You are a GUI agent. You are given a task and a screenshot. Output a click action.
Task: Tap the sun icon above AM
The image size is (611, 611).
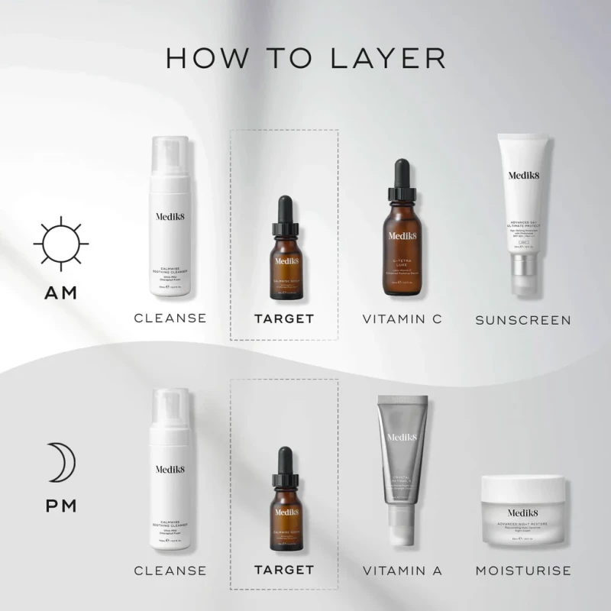click(61, 244)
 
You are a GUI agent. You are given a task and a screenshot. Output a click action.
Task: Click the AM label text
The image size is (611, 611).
click(61, 293)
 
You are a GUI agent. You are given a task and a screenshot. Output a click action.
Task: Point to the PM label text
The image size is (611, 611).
click(61, 505)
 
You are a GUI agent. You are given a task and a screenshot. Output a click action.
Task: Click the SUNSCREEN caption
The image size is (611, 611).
click(523, 320)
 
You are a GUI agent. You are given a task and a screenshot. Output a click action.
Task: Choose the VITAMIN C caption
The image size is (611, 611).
click(402, 318)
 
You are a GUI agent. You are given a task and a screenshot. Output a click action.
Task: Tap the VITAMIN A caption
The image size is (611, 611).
click(402, 570)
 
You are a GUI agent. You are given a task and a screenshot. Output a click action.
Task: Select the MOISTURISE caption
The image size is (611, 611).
click(523, 570)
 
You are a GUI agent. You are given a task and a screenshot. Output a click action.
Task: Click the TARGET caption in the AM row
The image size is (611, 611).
click(284, 318)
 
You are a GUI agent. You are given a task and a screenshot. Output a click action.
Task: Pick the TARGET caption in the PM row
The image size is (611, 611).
click(284, 570)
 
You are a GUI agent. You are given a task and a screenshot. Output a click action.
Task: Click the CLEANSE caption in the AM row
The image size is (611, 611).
click(170, 318)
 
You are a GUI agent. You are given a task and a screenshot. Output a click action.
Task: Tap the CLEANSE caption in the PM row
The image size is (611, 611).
click(170, 570)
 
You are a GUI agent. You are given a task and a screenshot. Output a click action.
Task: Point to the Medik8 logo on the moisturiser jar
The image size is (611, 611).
click(523, 513)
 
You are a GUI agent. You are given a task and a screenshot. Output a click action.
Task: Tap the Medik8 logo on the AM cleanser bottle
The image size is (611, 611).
click(170, 215)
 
